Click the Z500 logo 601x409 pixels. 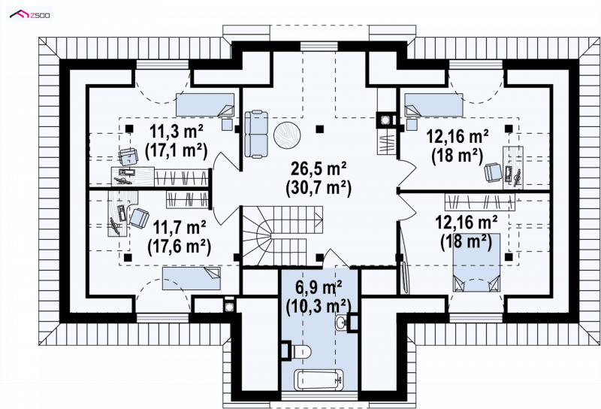coord(30,14)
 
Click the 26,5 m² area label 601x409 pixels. coord(319,168)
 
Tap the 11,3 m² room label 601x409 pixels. coord(176,132)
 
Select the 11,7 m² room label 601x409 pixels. coord(180,229)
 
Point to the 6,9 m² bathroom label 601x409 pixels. coord(319,287)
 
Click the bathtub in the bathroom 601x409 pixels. coord(319,380)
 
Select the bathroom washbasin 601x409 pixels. coord(341,322)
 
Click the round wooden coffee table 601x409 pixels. coord(287,135)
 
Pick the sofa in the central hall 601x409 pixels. coord(256,134)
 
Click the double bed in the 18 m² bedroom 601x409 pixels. coord(477,262)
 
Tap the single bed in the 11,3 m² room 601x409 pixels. coord(205,105)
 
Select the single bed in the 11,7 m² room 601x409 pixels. coord(192,278)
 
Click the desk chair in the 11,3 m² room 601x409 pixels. coord(128,156)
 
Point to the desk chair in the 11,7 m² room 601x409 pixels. coord(140,217)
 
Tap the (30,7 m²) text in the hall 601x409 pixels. coord(319,189)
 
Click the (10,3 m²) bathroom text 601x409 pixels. coord(319,306)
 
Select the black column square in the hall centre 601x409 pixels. coord(319,129)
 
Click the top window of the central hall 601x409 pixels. coord(319,47)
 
